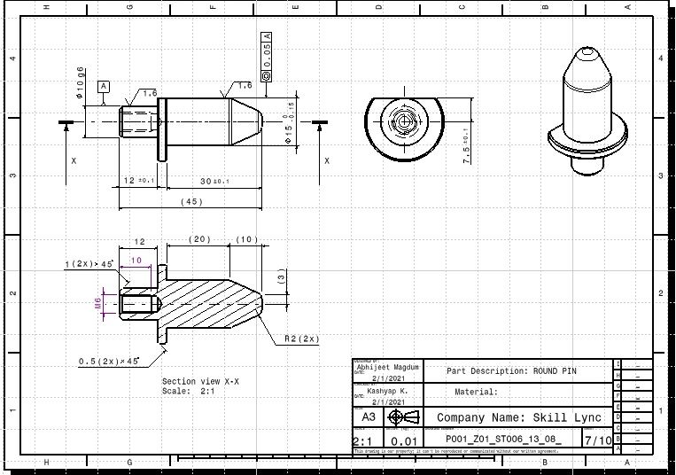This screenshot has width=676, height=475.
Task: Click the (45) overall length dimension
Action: [190, 202]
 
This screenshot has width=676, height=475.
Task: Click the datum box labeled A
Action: [104, 86]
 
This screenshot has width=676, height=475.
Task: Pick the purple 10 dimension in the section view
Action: [136, 260]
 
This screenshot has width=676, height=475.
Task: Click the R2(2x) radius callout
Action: [302, 339]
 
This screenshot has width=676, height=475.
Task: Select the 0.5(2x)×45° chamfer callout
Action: [110, 362]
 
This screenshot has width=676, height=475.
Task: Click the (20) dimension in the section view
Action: [199, 240]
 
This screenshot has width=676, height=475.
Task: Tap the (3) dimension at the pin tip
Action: [281, 278]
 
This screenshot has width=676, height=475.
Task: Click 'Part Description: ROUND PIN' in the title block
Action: [510, 371]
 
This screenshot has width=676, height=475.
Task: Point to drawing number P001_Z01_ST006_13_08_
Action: [502, 440]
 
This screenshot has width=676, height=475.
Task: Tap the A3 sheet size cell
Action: [367, 417]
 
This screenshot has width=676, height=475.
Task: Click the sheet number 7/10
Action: [597, 440]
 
